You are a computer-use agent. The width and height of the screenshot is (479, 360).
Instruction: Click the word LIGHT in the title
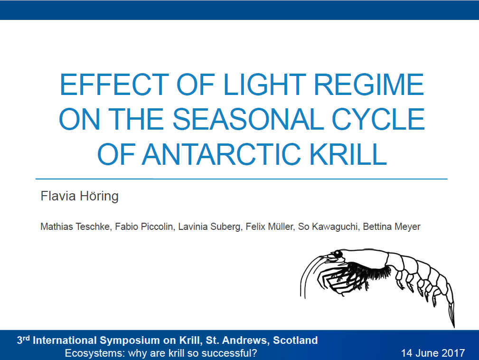[264, 85]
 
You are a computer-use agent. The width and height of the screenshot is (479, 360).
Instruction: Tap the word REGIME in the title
[369, 85]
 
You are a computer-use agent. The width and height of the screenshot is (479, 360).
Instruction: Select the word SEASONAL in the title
[248, 119]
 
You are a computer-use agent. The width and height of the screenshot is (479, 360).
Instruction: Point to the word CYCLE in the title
[378, 119]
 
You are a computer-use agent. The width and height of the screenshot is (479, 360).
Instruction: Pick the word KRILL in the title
[348, 154]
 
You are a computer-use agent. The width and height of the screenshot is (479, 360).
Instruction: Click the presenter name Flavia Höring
[79, 196]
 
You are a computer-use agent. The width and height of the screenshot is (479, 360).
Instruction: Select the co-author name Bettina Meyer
[392, 227]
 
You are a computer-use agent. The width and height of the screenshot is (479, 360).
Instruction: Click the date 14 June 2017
[433, 353]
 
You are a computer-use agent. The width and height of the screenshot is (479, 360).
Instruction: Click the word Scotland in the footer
[295, 340]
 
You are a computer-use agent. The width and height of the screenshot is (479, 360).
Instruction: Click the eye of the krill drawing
[338, 254]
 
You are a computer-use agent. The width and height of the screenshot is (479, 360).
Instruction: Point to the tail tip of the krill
[454, 326]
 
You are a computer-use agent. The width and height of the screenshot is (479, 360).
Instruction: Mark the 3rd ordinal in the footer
[23, 340]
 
